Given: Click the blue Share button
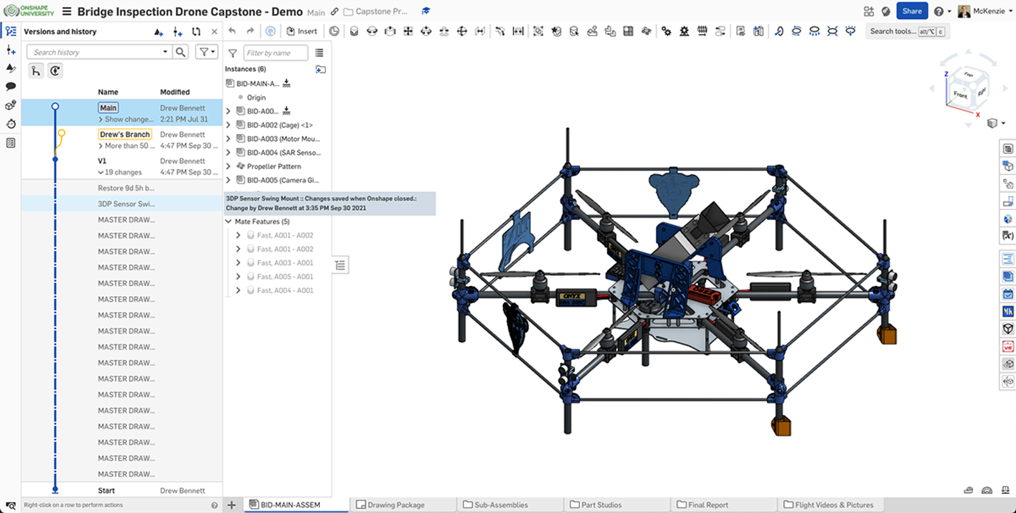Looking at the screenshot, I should coord(912,11).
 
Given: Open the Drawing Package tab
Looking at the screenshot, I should coord(395,505).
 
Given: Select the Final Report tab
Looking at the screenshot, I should coord(707,505).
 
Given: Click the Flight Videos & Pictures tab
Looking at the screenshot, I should coord(833,505).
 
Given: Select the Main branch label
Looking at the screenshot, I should coord(108,108).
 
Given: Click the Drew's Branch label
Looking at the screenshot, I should coord(124,134).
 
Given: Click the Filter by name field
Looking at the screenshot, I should coord(274,53).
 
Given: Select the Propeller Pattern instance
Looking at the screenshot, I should coord(274,167).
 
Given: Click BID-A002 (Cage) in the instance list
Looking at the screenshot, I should coord(279,125).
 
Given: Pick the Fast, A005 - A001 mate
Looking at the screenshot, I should coord(284,277).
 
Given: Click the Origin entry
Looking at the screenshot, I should coord(256,98).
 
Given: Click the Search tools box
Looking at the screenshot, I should coord(893,31).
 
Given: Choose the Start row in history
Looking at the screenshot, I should coord(107,491).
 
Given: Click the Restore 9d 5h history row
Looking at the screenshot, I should coord(126,188).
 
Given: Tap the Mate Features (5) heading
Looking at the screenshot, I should coord(262,222).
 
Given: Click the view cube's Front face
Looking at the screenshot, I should coord(959,95).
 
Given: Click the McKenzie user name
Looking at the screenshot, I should coord(989,11).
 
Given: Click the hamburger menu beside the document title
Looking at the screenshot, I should coord(67,11).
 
